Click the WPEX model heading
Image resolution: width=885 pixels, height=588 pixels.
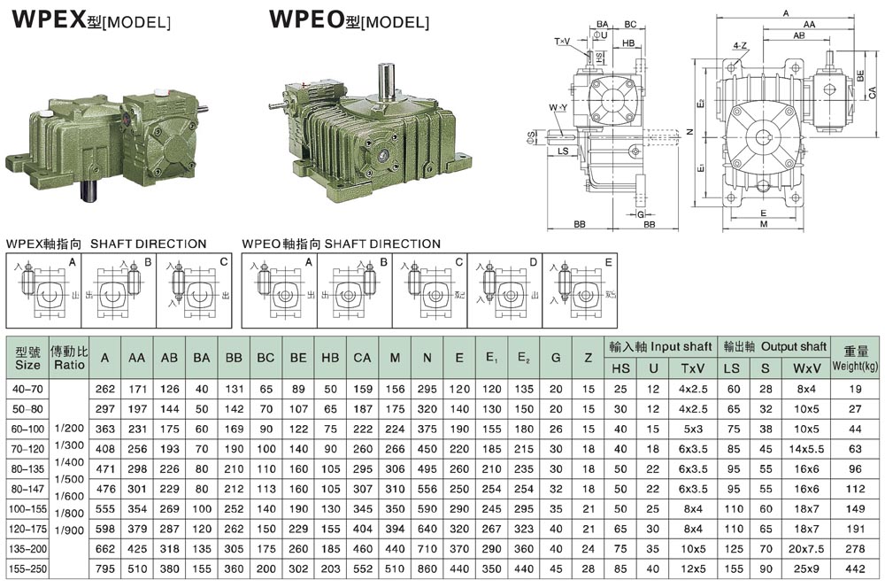tap(88, 19)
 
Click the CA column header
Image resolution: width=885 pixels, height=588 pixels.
tap(362, 358)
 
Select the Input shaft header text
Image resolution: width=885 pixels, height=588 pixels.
tap(649, 346)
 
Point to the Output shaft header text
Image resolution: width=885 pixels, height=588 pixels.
tap(763, 346)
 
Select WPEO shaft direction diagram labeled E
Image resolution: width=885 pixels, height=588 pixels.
tap(580, 288)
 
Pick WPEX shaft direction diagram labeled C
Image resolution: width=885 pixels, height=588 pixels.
tap(196, 288)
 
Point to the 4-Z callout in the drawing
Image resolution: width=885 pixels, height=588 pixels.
tap(740, 44)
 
